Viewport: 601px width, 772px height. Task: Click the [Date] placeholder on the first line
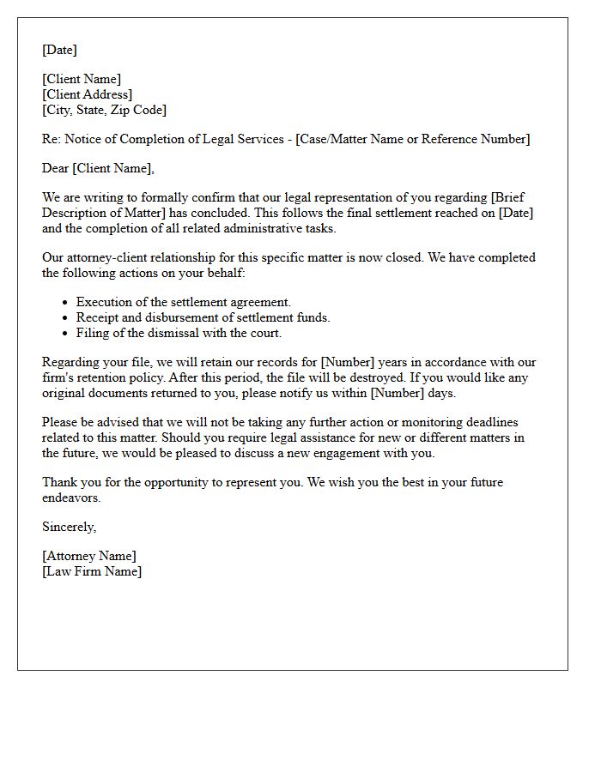[x=59, y=50]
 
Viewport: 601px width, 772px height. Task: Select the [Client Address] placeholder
[x=88, y=94]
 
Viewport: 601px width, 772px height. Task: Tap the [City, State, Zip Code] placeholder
[x=105, y=110]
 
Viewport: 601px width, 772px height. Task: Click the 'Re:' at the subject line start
[x=52, y=139]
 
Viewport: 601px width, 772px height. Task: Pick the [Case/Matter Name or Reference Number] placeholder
[x=413, y=139]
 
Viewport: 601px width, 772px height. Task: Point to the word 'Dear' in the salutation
[x=56, y=168]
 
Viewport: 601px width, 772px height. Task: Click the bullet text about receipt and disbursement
[x=203, y=317]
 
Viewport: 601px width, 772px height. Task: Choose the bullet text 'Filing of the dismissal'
[x=179, y=333]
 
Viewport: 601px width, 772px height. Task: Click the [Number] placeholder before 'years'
[x=347, y=362]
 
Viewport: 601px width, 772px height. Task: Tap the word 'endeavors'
[x=71, y=498]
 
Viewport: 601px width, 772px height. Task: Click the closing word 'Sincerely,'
[x=70, y=527]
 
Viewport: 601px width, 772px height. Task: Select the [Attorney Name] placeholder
[x=89, y=556]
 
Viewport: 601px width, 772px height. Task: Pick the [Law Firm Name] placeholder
[x=92, y=571]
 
